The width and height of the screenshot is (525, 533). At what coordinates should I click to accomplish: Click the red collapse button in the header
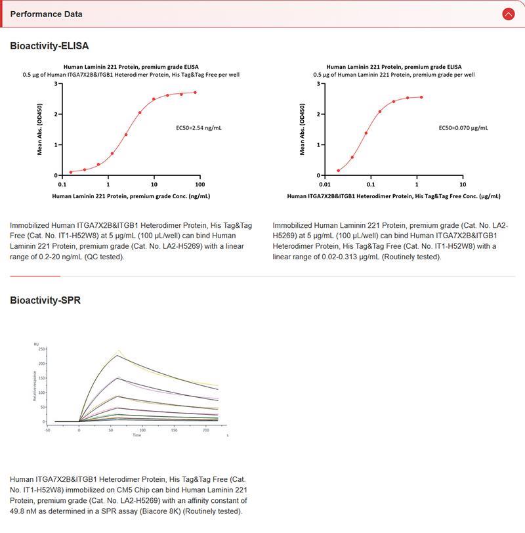(508, 14)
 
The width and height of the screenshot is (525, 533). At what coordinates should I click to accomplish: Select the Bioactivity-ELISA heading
(49, 46)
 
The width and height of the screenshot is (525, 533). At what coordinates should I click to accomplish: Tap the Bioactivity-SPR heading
(45, 301)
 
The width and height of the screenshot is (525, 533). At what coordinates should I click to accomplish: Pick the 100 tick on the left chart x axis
(199, 184)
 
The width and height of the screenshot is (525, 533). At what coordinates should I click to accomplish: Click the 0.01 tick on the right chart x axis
(324, 184)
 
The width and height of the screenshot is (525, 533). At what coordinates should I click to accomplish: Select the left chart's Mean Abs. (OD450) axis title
(40, 129)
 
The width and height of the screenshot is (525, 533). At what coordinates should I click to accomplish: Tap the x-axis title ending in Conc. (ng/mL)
(131, 196)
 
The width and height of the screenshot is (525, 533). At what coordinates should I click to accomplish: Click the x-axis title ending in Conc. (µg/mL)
(394, 196)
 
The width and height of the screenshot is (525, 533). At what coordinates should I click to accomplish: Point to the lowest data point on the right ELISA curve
(339, 171)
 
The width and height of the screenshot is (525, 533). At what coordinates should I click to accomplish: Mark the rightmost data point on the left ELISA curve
(195, 93)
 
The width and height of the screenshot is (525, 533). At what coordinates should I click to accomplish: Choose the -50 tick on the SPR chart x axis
(47, 430)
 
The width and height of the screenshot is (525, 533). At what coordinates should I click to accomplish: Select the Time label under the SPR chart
(136, 435)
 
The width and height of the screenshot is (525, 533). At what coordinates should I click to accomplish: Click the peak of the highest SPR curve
(117, 355)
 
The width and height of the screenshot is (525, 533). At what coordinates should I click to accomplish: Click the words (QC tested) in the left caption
(106, 257)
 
